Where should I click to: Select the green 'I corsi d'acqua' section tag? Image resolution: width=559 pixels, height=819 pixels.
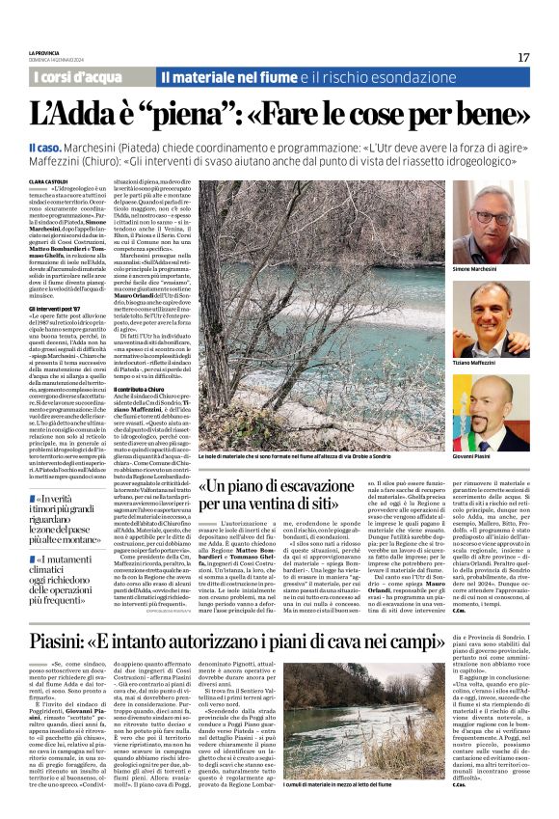tap(78, 76)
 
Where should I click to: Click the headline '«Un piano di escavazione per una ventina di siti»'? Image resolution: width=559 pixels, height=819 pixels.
tap(285, 493)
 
